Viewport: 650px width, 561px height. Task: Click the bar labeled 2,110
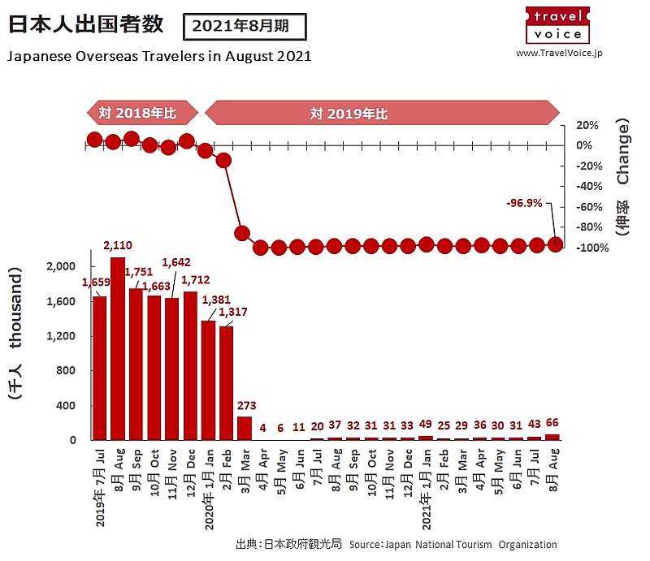pos(118,349)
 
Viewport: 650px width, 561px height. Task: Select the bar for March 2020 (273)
pos(244,428)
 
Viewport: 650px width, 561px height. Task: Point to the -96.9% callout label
pos(523,203)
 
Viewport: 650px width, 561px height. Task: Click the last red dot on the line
pos(556,244)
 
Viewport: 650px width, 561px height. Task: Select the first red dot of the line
pos(95,140)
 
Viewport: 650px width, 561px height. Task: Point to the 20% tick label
pos(587,125)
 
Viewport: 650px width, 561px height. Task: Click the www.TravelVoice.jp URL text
pos(559,53)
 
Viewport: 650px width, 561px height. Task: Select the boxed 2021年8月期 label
pos(245,26)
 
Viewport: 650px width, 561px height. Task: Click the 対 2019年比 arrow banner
pos(382,113)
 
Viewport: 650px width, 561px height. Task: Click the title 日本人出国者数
pos(85,24)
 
